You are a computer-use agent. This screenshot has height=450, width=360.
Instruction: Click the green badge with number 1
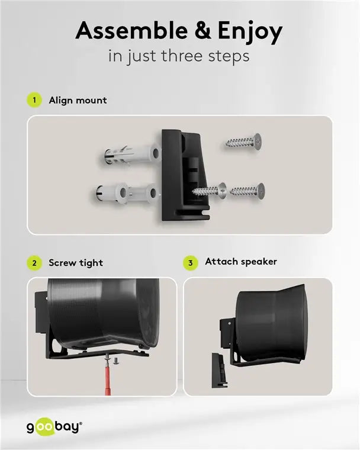[35, 100]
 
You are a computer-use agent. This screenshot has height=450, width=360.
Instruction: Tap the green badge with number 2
[35, 262]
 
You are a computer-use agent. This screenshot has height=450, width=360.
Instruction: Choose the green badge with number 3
[190, 262]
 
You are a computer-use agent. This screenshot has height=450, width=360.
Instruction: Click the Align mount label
[78, 100]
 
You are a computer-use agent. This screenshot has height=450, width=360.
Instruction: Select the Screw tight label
[76, 262]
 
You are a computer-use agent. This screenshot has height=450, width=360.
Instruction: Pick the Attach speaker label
[240, 261]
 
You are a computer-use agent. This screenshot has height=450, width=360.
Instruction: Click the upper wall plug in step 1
[128, 155]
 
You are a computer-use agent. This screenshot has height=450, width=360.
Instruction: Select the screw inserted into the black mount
[210, 191]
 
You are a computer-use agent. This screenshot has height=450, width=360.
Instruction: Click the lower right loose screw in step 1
[248, 190]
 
